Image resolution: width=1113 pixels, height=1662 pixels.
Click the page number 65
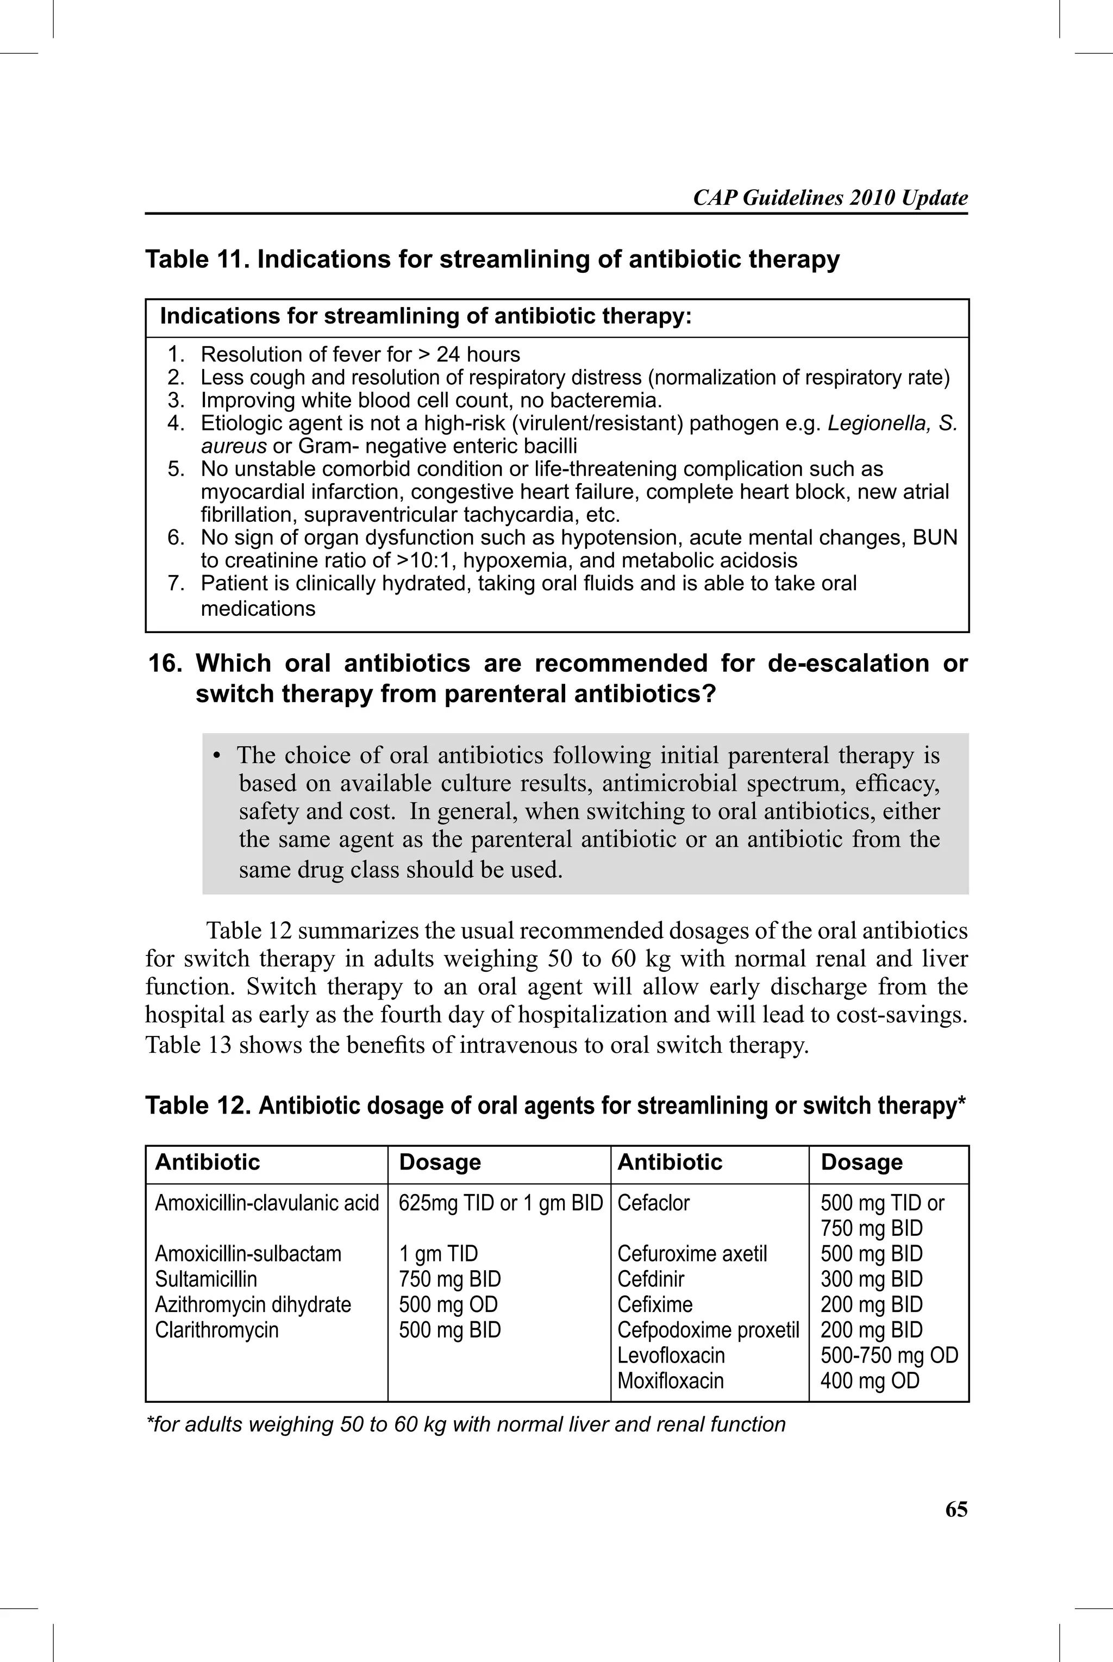tap(955, 1509)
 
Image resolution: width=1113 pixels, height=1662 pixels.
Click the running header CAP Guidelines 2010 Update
tap(830, 197)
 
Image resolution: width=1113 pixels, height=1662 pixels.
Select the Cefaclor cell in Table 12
tap(653, 1203)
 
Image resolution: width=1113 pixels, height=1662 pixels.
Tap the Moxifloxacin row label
tap(670, 1381)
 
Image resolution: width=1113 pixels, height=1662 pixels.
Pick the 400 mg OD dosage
tap(870, 1381)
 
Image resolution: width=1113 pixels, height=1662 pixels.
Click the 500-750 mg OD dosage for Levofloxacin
tap(889, 1355)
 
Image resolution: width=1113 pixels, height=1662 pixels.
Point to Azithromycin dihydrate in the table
tap(253, 1304)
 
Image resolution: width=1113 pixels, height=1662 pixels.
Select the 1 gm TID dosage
tap(438, 1254)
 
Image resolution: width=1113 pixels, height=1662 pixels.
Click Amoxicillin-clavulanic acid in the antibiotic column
tap(267, 1203)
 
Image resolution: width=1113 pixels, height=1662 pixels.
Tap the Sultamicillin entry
tap(206, 1279)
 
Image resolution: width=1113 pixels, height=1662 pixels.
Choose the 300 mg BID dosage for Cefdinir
tap(871, 1279)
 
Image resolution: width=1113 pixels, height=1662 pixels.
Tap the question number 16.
tap(165, 664)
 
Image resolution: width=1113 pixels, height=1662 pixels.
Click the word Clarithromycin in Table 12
tap(216, 1330)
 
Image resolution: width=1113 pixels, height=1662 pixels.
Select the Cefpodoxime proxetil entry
tap(708, 1330)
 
